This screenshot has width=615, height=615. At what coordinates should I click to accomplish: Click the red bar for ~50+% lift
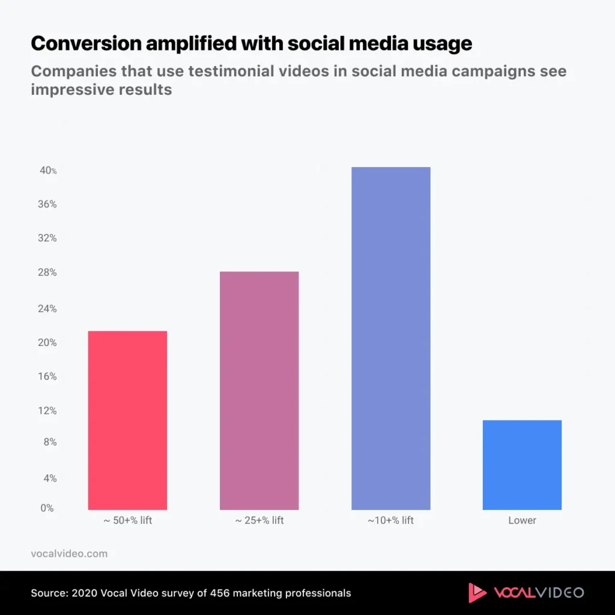pyautogui.click(x=127, y=420)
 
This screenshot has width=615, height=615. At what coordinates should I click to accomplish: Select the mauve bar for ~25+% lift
pyautogui.click(x=259, y=390)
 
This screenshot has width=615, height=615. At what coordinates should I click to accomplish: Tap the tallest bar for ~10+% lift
pyautogui.click(x=390, y=338)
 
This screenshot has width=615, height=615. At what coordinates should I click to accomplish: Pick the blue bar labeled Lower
pyautogui.click(x=522, y=465)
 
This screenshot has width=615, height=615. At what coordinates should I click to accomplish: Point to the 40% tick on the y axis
pyautogui.click(x=48, y=171)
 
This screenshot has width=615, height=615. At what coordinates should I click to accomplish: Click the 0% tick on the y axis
pyautogui.click(x=47, y=508)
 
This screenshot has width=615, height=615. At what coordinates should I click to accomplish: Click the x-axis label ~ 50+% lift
pyautogui.click(x=127, y=520)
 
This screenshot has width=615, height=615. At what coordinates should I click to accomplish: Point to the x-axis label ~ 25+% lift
pyautogui.click(x=259, y=520)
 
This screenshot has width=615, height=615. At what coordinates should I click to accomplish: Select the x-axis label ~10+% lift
pyautogui.click(x=390, y=520)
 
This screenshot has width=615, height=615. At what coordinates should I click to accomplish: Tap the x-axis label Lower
pyautogui.click(x=522, y=520)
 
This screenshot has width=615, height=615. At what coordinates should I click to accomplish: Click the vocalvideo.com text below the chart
pyautogui.click(x=69, y=554)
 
